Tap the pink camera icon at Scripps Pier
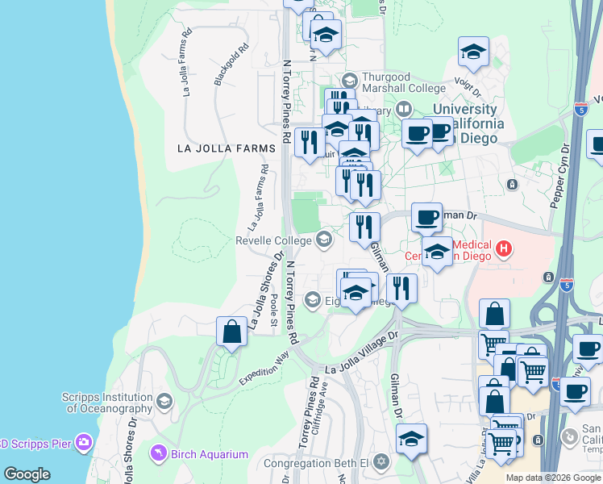click(x=83, y=442)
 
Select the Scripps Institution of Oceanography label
click(x=107, y=403)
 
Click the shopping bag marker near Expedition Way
click(x=231, y=332)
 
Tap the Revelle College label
click(x=273, y=240)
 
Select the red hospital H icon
click(x=504, y=248)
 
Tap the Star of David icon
click(x=381, y=463)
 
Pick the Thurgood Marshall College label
click(x=403, y=82)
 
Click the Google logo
click(x=27, y=474)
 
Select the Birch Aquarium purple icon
click(x=160, y=453)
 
